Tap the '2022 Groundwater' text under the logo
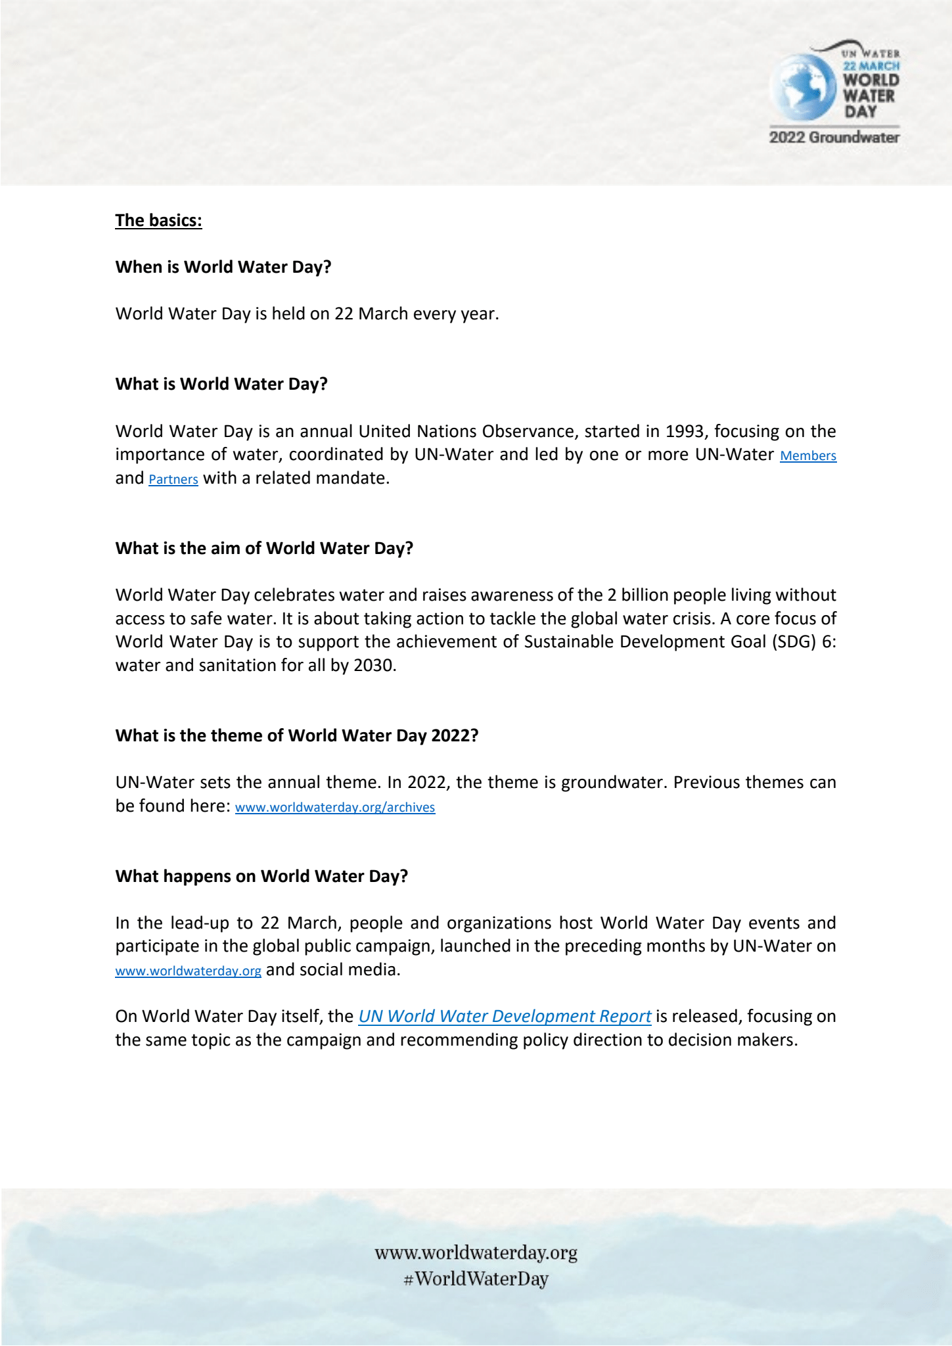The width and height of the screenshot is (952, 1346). (834, 137)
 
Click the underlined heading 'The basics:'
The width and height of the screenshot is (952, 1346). (158, 220)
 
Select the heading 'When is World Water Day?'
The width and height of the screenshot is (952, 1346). (223, 267)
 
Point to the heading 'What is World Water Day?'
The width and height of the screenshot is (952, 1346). (221, 384)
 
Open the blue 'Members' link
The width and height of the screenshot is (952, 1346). (808, 455)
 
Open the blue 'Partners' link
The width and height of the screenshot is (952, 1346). (173, 479)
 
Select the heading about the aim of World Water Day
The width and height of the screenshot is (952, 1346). (264, 548)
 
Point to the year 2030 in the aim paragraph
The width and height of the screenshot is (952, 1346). (374, 665)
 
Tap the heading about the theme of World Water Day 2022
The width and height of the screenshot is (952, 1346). (297, 735)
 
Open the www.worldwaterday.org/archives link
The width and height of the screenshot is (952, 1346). (335, 807)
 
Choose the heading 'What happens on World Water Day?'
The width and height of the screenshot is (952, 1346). (261, 876)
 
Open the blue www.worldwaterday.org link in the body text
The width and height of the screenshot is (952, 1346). (189, 971)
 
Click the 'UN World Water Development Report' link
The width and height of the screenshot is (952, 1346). (505, 1016)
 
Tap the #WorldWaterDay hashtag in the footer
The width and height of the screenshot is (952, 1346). (476, 1279)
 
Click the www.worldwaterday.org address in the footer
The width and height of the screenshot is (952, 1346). (476, 1253)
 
